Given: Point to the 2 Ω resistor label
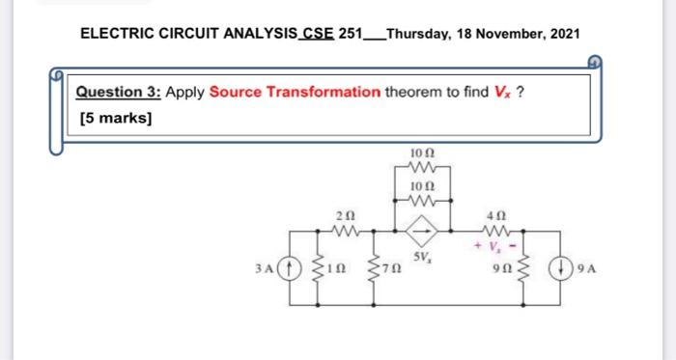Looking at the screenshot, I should point(345,213).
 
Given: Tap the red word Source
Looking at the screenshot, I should point(236,93).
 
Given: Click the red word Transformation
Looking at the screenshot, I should point(323,93).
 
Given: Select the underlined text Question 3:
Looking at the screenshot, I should point(119,93).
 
